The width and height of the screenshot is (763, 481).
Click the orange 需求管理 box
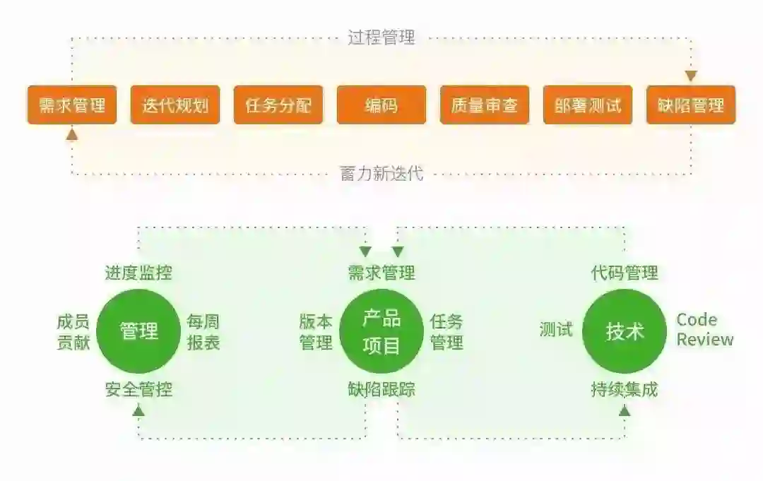[x=72, y=105]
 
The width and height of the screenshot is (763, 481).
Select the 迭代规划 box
[x=175, y=105]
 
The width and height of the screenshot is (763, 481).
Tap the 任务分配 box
[x=278, y=105]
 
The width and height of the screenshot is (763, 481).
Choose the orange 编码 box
[x=381, y=105]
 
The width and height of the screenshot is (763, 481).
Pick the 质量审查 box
[x=485, y=105]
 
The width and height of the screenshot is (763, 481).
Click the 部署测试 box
[x=588, y=105]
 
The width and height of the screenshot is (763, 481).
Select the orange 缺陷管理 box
[x=691, y=105]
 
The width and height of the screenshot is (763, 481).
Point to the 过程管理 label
[x=381, y=37]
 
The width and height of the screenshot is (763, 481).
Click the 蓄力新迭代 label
[x=381, y=173]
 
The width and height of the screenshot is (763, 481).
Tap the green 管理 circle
[x=138, y=331]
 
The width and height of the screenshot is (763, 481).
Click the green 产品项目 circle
[x=381, y=331]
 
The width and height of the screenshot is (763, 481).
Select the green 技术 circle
[x=625, y=331]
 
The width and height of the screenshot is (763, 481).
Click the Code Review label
[x=704, y=330]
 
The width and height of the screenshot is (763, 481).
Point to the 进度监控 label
[x=138, y=273]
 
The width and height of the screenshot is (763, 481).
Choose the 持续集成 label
[x=625, y=389]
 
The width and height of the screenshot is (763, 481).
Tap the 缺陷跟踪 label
[x=381, y=389]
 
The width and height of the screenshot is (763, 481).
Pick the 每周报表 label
[x=203, y=332]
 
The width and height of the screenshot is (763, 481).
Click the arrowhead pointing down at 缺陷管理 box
[x=691, y=76]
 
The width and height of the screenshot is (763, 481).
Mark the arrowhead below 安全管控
[x=139, y=410]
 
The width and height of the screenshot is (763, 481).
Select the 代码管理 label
[x=625, y=273]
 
